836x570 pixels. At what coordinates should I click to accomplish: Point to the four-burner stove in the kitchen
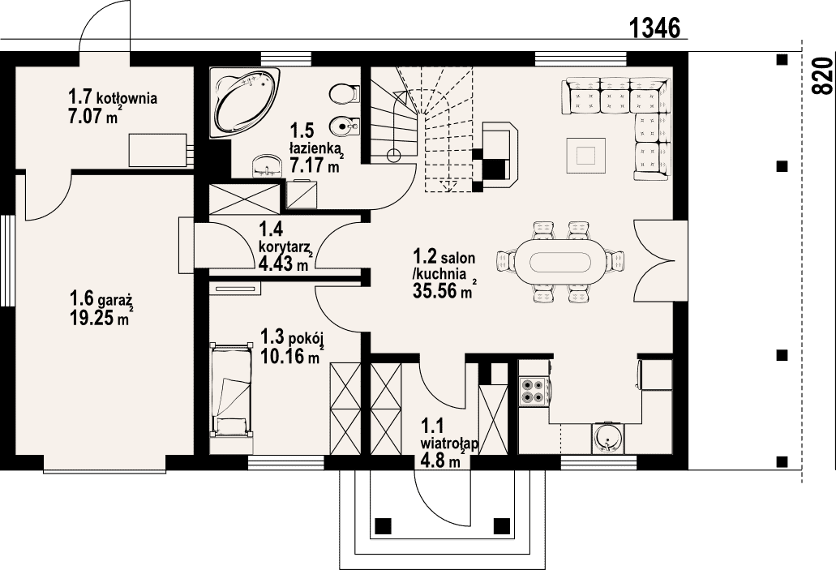click(x=532, y=390)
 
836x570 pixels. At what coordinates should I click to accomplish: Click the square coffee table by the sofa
click(x=586, y=155)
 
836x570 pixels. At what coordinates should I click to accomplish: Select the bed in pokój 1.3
click(x=231, y=388)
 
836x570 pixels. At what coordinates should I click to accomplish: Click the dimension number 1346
click(x=655, y=28)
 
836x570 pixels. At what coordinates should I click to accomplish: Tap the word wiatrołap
click(x=448, y=443)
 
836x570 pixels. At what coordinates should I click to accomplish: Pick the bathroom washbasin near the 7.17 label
click(x=267, y=165)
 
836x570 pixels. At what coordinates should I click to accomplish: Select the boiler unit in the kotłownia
click(x=158, y=150)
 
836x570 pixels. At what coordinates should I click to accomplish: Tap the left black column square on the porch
click(x=384, y=525)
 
